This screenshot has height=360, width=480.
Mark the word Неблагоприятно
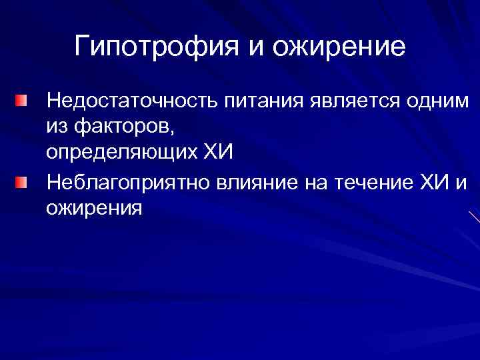[x=129, y=181]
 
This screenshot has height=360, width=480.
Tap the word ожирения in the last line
[x=94, y=208]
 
